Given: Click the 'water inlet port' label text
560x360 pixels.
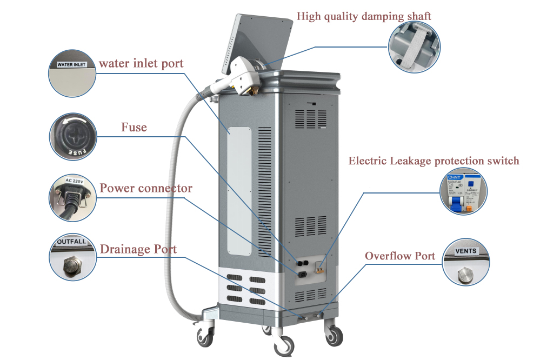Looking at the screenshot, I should pyautogui.click(x=141, y=63).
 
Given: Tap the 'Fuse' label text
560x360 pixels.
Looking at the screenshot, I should pyautogui.click(x=134, y=128).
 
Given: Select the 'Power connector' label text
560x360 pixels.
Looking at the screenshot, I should pyautogui.click(x=146, y=189).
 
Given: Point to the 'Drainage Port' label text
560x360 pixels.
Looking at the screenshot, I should pyautogui.click(x=138, y=250).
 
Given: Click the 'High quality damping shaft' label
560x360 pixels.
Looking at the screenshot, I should pyautogui.click(x=364, y=16).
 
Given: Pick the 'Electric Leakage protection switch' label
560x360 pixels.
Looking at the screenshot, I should pyautogui.click(x=434, y=161).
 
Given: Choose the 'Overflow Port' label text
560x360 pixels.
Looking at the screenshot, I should pyautogui.click(x=399, y=256).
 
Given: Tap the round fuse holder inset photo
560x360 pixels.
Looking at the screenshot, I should pyautogui.click(x=72, y=136).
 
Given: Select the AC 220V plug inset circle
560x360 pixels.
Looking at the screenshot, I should pyautogui.click(x=72, y=197).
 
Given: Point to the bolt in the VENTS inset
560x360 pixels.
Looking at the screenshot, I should pyautogui.click(x=465, y=273).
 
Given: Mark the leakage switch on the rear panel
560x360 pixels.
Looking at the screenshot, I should pyautogui.click(x=320, y=265).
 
